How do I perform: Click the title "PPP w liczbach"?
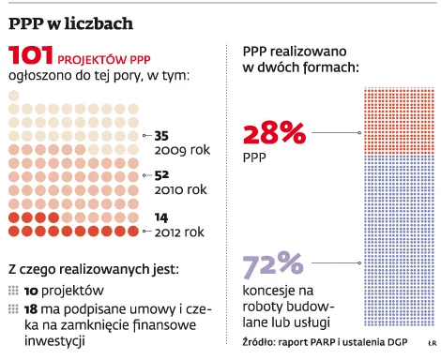pyautogui.click(x=70, y=23)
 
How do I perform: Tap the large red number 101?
pyautogui.click(x=31, y=55)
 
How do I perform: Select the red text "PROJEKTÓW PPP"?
pyautogui.click(x=104, y=59)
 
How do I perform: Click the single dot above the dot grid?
pyautogui.click(x=14, y=96)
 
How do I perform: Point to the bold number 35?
pyautogui.click(x=161, y=136)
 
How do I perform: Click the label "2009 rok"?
pyautogui.click(x=182, y=150)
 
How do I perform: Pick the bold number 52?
pyautogui.click(x=161, y=175)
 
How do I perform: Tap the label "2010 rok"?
pyautogui.click(x=180, y=189)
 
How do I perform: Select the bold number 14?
pyautogui.click(x=161, y=217)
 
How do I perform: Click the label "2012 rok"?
pyautogui.click(x=179, y=232)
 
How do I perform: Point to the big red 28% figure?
pyautogui.click(x=274, y=133)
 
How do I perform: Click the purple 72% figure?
pyautogui.click(x=273, y=264)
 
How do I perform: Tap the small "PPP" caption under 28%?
pyautogui.click(x=254, y=157)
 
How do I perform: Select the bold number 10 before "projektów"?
pyautogui.click(x=31, y=292)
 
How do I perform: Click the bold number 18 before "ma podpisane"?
pyautogui.click(x=31, y=309)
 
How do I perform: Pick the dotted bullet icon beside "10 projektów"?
pyautogui.click(x=13, y=291)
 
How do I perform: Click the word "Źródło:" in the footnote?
pyautogui.click(x=259, y=342)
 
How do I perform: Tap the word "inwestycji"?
pyautogui.click(x=54, y=340)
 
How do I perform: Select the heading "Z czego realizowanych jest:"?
pyautogui.click(x=94, y=269)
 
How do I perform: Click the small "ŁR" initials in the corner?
pyautogui.click(x=433, y=343)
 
